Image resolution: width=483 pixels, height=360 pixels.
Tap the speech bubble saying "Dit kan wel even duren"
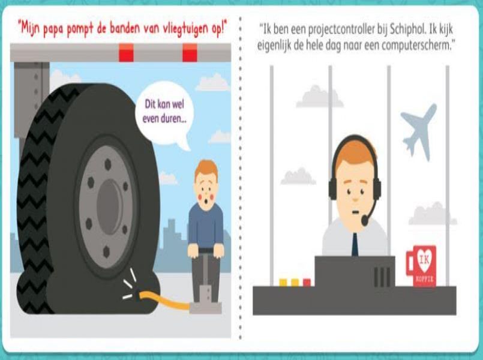[164, 112]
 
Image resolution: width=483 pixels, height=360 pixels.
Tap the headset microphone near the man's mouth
[365, 220]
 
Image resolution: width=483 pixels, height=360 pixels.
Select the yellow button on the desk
[283, 282]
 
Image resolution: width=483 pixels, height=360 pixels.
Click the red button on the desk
[307, 282]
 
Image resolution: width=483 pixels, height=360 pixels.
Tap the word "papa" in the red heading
[61, 28]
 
